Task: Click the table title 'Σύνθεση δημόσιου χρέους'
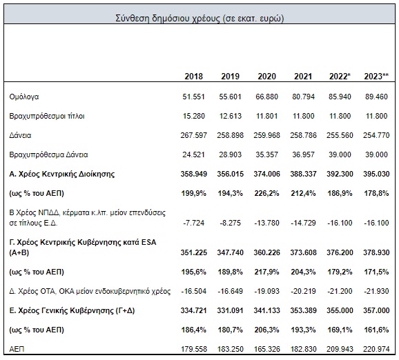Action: coord(168,19)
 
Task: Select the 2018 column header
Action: coord(194,77)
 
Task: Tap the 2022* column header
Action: coord(340,77)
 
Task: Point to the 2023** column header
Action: coord(376,77)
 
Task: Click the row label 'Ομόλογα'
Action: coord(24,97)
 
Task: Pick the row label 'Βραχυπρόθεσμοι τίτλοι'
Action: coord(47,116)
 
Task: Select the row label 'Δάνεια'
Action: coord(20,135)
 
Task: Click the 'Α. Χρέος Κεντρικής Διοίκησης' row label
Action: coord(62,174)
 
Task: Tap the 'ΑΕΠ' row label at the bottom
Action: coord(17,349)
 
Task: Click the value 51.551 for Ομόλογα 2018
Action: coord(194,97)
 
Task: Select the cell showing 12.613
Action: coord(231,116)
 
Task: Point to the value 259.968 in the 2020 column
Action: coord(266,135)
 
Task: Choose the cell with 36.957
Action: coord(303,154)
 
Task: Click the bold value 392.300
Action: coord(340,174)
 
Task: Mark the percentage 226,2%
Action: coord(266,194)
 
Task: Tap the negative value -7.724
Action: coord(194,223)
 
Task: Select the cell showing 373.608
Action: coord(303,252)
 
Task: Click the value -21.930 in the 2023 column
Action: coord(376,291)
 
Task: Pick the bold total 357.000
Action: coord(376,310)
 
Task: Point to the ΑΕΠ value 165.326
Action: coord(266,349)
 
